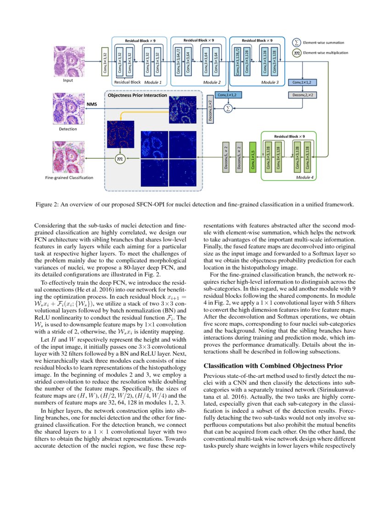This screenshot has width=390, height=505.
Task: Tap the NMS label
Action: click(x=92, y=104)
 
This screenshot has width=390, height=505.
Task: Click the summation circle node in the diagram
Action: click(x=228, y=108)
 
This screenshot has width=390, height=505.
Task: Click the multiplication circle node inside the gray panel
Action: click(x=120, y=158)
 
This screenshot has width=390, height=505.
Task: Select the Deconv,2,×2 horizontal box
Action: click(x=302, y=95)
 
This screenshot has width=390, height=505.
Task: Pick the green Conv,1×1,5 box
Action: click(x=252, y=158)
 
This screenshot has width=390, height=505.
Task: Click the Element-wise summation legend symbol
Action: click(x=297, y=42)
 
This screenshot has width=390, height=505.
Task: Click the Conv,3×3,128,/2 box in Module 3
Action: click(x=238, y=61)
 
